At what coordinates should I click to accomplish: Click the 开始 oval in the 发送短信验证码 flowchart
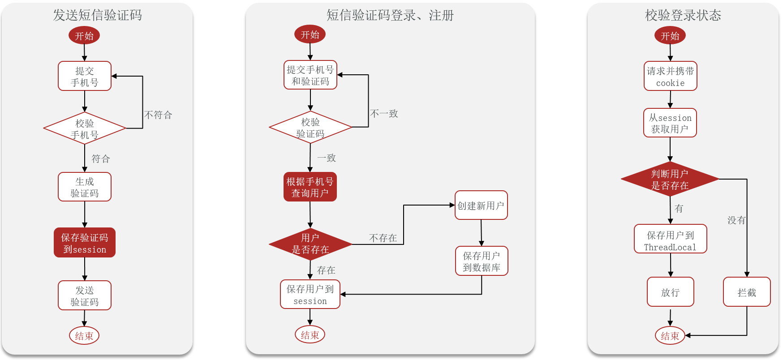(84, 36)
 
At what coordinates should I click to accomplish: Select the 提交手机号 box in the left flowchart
(85, 76)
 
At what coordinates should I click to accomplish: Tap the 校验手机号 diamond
(85, 129)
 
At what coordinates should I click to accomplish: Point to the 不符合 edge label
(158, 115)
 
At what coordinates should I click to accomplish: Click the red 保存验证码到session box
(85, 243)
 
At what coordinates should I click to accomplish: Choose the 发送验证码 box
(85, 296)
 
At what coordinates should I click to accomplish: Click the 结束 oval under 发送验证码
(84, 335)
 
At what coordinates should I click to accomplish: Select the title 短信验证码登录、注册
(390, 16)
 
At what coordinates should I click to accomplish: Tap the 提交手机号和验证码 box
(310, 75)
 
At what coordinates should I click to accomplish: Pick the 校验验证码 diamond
(310, 128)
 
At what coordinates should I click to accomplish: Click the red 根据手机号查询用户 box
(310, 187)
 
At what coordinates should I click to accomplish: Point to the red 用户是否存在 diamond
(310, 244)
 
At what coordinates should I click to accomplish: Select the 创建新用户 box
(481, 206)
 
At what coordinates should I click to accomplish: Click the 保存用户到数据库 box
(482, 261)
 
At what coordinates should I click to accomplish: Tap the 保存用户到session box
(310, 295)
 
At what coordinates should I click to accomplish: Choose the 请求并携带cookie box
(671, 77)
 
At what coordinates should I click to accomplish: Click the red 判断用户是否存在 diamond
(670, 180)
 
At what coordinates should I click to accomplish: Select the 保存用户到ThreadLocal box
(671, 239)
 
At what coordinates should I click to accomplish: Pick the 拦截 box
(747, 292)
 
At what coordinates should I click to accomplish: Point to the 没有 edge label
(736, 220)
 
